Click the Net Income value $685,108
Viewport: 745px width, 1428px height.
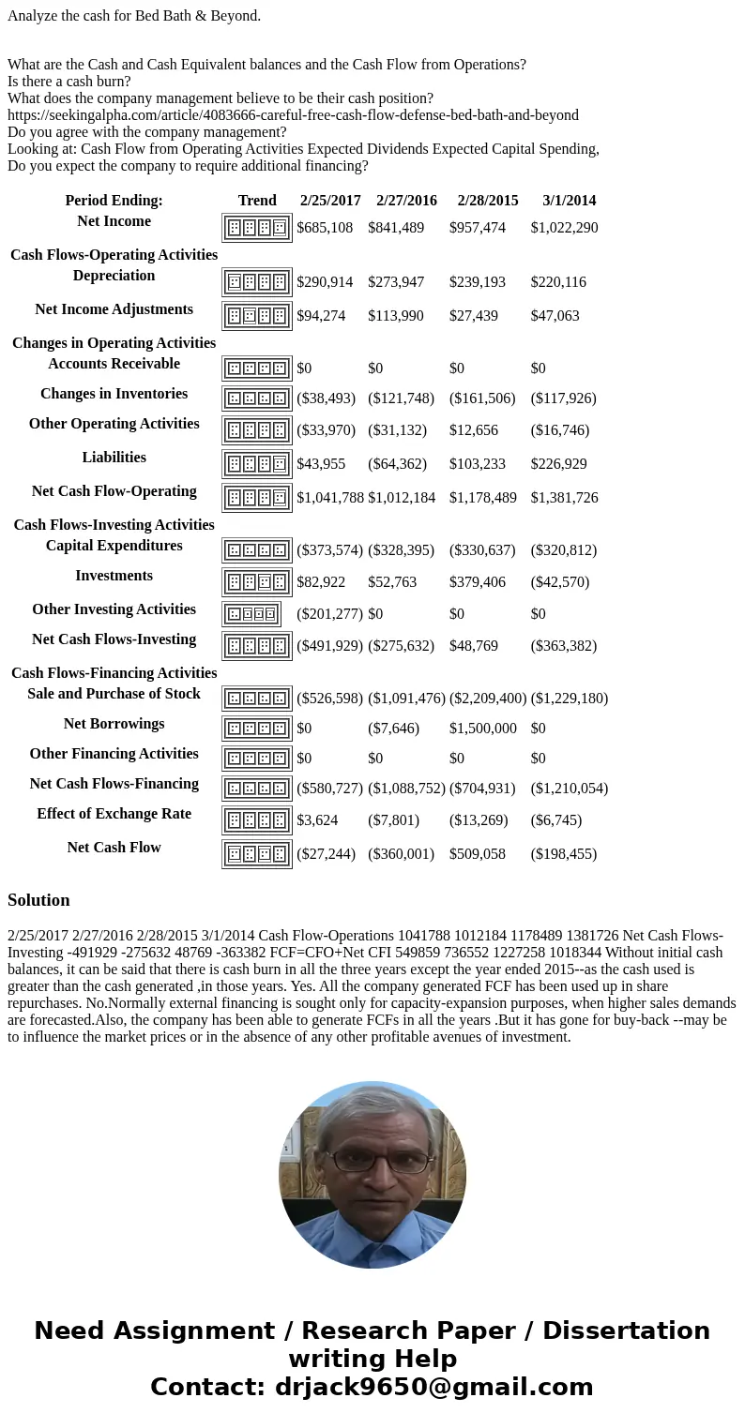325,228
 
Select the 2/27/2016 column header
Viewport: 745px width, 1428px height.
406,201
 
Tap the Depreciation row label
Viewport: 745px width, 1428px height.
114,276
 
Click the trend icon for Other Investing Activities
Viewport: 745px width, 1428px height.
251,614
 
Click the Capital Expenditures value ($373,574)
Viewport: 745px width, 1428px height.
329,550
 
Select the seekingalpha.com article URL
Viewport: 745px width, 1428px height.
293,115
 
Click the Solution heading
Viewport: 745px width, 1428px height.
38,900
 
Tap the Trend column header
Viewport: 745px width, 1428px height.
257,201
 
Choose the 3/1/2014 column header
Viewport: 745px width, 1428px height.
569,201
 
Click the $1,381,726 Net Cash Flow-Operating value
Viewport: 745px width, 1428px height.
564,498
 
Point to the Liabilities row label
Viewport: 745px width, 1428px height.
114,458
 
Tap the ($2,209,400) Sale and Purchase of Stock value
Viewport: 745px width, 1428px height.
488,699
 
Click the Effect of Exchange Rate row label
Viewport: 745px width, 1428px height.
114,814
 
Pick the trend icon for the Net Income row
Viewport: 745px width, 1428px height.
257,228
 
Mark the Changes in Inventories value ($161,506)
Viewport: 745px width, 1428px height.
482,398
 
